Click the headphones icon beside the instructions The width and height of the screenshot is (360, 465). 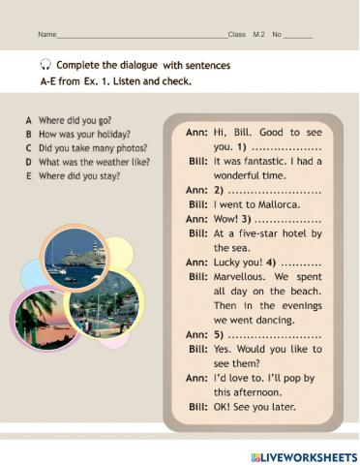tap(45, 65)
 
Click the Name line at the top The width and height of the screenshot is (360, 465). tap(135, 35)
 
